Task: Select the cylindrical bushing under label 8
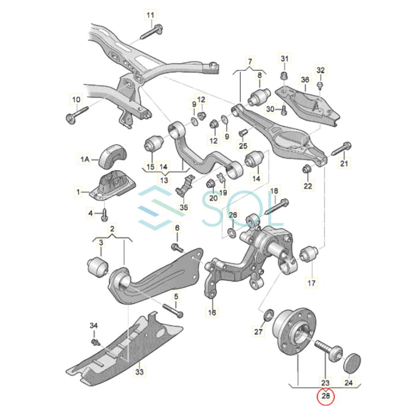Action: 259,96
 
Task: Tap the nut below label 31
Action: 285,75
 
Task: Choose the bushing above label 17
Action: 309,254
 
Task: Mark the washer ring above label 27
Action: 266,316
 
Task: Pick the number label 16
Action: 212,312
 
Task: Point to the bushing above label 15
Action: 153,143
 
